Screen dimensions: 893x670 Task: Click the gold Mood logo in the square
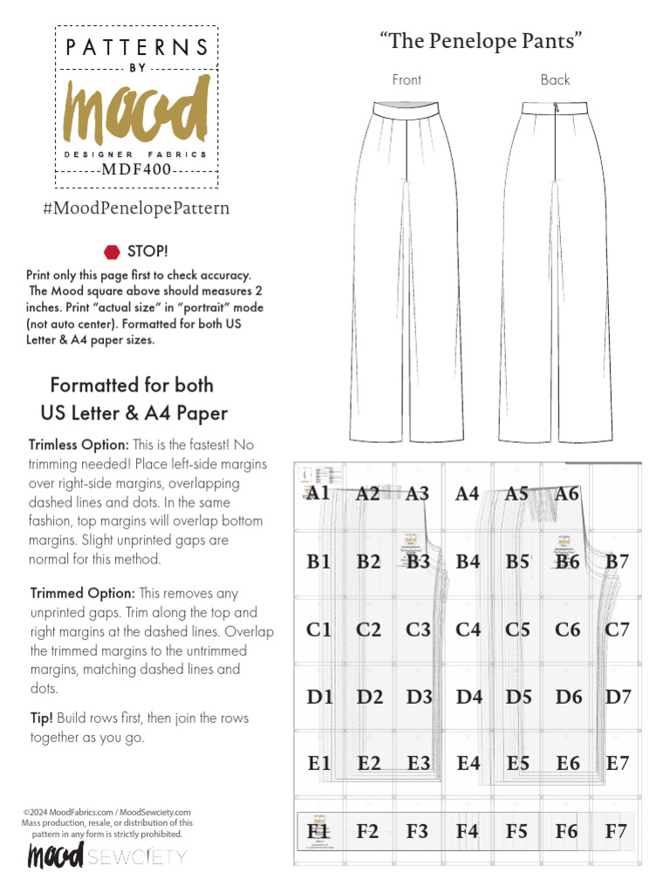pos(136,111)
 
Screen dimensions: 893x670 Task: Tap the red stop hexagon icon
pos(112,252)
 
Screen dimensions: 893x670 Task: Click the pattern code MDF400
pos(136,169)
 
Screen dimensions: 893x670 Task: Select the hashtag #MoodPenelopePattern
pos(136,208)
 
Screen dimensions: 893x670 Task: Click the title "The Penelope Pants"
pos(481,40)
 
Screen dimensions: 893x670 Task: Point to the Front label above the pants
pos(407,80)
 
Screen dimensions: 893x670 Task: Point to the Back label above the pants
pos(555,80)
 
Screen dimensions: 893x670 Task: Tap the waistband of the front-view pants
pos(407,110)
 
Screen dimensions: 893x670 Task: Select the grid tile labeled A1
pos(318,494)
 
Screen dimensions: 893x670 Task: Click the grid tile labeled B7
pos(617,562)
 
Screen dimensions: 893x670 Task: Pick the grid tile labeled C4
pos(468,629)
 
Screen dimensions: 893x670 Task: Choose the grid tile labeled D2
pos(369,697)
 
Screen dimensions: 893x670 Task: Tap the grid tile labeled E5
pos(518,764)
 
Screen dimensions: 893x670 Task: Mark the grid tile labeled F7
pos(616,831)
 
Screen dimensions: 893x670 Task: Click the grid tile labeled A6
pos(567,494)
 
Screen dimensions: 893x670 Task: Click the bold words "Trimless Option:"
pos(79,445)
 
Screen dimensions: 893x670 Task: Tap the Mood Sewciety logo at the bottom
pos(106,856)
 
